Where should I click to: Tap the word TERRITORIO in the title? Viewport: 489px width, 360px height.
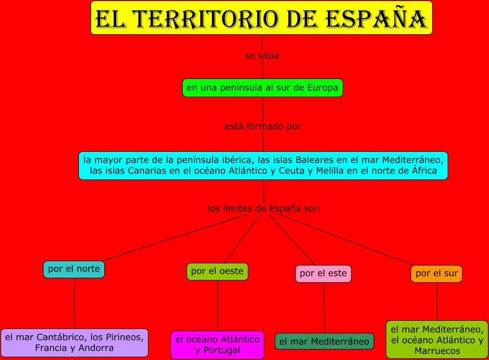(x=204, y=19)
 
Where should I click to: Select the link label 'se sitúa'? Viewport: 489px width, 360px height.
(x=262, y=56)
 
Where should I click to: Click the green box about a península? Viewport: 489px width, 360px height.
(x=263, y=88)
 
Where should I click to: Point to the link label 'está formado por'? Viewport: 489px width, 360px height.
(x=263, y=126)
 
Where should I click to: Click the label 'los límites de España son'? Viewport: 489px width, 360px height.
(x=263, y=209)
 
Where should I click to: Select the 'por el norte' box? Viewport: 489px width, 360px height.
(x=74, y=269)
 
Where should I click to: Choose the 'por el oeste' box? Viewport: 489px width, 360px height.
(x=217, y=272)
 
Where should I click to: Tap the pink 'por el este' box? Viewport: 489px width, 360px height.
(x=323, y=273)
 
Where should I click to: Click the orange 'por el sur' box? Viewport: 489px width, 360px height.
(x=437, y=273)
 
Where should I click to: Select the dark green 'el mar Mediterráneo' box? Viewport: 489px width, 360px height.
(x=325, y=342)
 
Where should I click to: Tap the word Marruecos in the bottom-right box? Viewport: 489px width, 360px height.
(x=437, y=351)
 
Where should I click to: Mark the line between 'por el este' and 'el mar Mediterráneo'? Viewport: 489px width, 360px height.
(x=324, y=308)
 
